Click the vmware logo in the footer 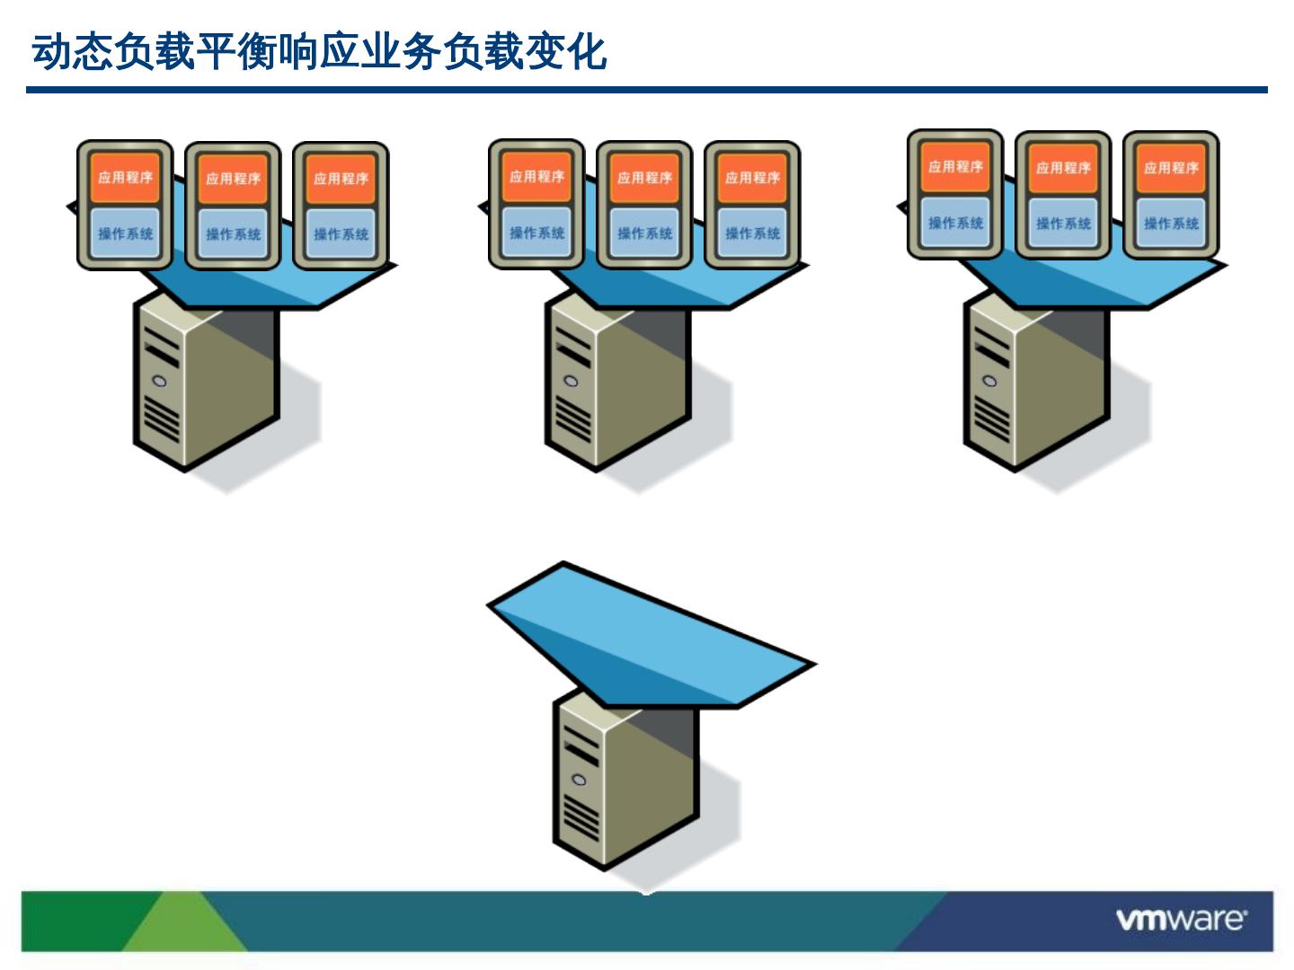[x=1181, y=920]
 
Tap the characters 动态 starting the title [x=72, y=52]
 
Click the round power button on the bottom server [x=580, y=780]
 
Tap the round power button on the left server [x=160, y=381]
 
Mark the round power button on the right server [x=989, y=381]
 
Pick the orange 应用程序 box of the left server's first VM [x=126, y=177]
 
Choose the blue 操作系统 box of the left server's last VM [x=341, y=234]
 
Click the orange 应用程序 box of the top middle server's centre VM [x=644, y=178]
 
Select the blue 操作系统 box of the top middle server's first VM [x=536, y=233]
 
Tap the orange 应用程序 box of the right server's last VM [x=1171, y=168]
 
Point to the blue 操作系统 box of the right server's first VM [x=955, y=223]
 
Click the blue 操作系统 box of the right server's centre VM [x=1063, y=224]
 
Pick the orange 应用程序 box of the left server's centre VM [x=233, y=179]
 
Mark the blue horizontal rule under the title [x=647, y=90]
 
